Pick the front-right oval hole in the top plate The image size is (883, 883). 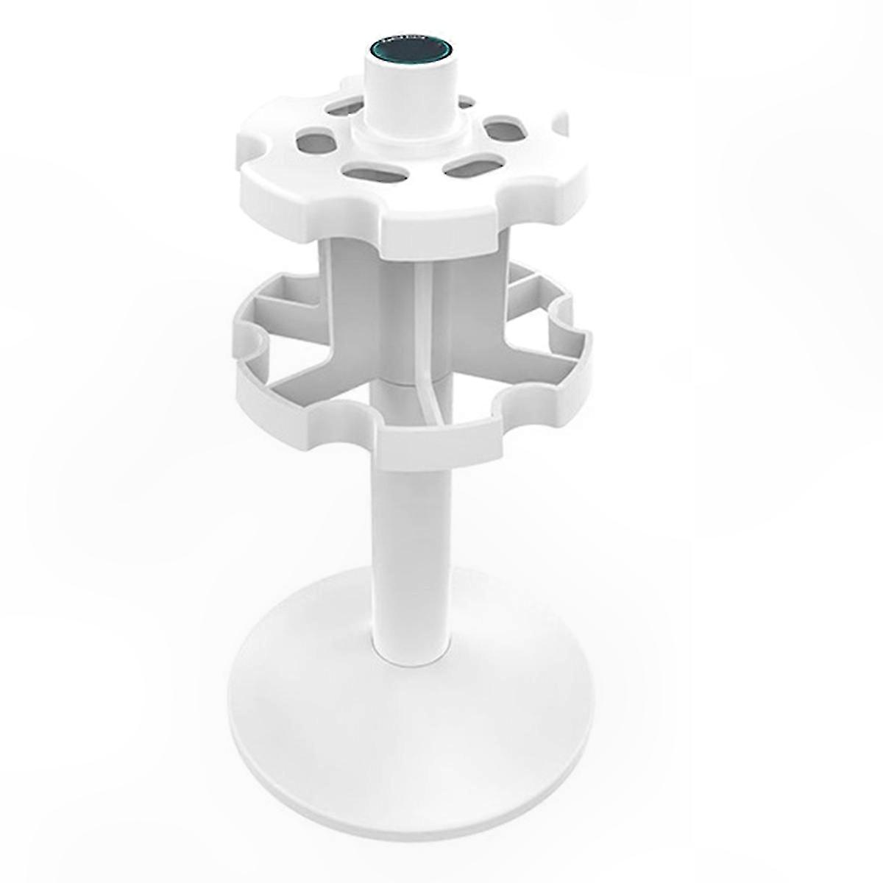(x=472, y=167)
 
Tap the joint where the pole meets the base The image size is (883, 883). (x=412, y=651)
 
